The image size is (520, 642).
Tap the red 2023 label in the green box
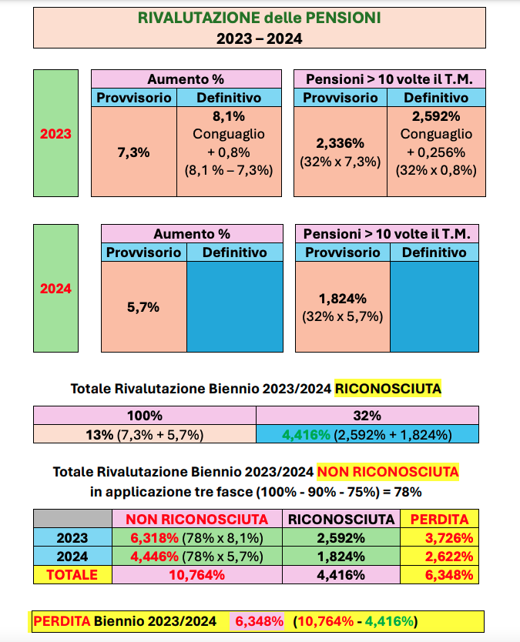click(x=55, y=133)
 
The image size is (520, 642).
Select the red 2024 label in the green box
click(x=55, y=289)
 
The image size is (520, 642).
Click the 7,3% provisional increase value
click(x=133, y=152)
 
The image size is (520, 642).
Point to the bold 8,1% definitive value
click(x=228, y=116)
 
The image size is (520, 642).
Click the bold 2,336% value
click(x=340, y=143)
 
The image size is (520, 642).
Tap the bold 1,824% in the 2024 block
click(x=342, y=298)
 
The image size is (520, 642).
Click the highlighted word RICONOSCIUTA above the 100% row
click(x=387, y=389)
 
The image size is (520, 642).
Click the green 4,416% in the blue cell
click(x=307, y=435)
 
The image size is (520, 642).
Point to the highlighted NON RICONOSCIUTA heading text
click(x=388, y=470)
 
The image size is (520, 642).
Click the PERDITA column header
click(x=439, y=519)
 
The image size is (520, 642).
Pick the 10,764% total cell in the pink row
click(x=197, y=574)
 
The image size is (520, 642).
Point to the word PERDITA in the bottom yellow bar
click(x=62, y=620)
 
